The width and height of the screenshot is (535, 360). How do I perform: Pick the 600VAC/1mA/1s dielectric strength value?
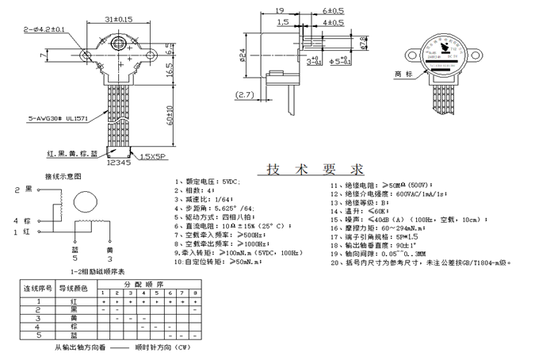422,193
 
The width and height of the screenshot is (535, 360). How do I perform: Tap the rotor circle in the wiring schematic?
83,203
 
